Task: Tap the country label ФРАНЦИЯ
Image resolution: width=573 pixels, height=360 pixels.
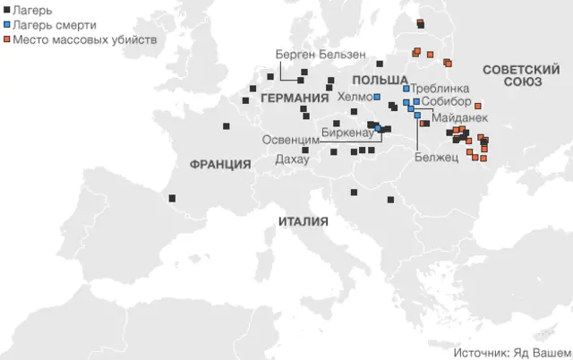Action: tap(219, 164)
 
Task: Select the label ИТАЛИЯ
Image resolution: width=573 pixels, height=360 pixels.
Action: tap(303, 221)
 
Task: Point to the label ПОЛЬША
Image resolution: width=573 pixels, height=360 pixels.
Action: tap(387, 81)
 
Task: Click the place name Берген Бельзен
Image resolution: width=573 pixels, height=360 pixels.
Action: tap(310, 55)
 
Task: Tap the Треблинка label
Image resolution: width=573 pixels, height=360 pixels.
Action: tap(440, 89)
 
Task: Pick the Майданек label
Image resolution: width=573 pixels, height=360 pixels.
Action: tap(459, 117)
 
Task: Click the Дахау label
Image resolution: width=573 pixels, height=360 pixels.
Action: tap(292, 158)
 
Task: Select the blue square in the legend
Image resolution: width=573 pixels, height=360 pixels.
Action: tap(7, 25)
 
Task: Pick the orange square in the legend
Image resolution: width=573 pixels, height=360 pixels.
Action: tap(7, 40)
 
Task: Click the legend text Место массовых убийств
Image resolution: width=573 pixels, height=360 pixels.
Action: tap(84, 40)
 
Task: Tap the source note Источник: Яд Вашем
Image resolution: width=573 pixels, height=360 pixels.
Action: tap(511, 352)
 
